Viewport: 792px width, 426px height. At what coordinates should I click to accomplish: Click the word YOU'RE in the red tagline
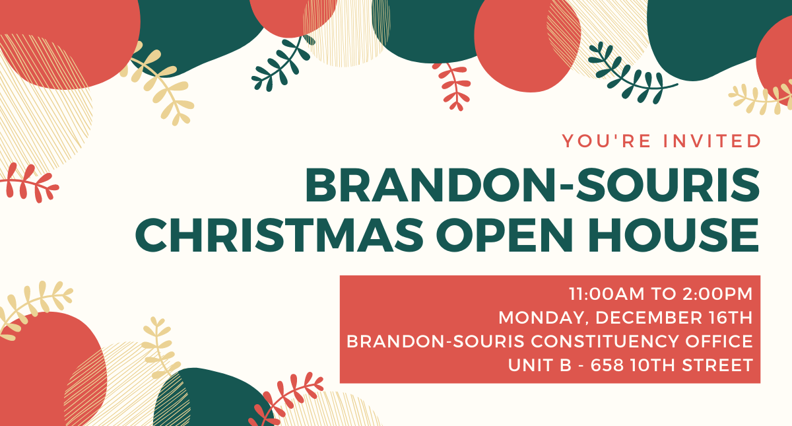pyautogui.click(x=607, y=141)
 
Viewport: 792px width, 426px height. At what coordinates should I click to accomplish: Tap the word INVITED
pyautogui.click(x=712, y=141)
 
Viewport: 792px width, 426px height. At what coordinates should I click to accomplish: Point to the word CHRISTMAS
pyautogui.click(x=279, y=235)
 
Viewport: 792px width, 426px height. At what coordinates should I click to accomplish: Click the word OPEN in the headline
pyautogui.click(x=504, y=235)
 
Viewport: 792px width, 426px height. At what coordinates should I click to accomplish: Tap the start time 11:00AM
pyautogui.click(x=607, y=294)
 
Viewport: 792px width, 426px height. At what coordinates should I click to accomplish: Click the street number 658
pyautogui.click(x=607, y=365)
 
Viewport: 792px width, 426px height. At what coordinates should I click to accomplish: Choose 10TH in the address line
pyautogui.click(x=653, y=365)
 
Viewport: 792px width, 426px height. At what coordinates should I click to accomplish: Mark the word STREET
pyautogui.click(x=717, y=365)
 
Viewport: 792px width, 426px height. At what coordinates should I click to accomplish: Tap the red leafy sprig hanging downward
pyautogui.click(x=452, y=86)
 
